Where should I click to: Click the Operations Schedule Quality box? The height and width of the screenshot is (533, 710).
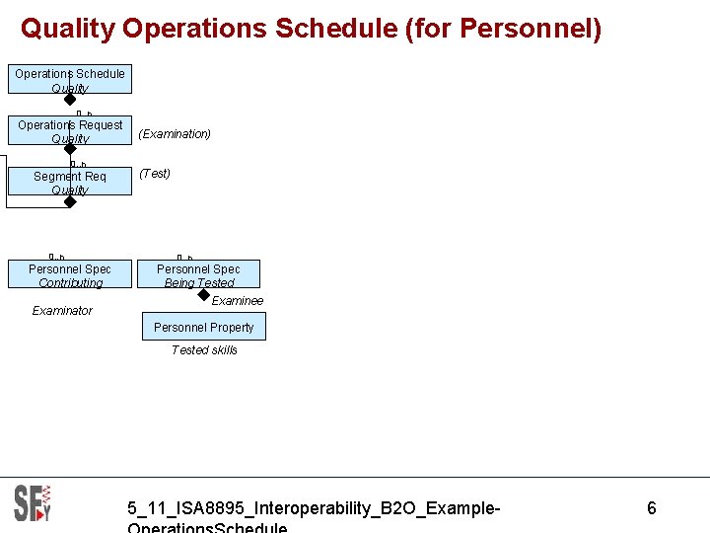point(70,80)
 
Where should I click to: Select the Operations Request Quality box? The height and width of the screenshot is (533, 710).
point(70,131)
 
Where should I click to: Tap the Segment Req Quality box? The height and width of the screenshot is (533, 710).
point(70,183)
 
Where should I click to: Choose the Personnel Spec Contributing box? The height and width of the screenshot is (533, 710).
point(70,275)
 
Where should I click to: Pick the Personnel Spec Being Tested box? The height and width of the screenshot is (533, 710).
point(198,275)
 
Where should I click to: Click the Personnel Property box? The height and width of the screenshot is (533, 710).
point(204,327)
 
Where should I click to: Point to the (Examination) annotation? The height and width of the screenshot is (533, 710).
point(175,134)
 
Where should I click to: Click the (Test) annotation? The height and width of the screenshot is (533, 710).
point(155,174)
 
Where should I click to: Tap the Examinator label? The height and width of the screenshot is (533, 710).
point(62,311)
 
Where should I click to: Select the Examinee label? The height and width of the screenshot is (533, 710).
point(238,301)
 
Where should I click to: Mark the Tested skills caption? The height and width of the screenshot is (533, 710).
point(204,350)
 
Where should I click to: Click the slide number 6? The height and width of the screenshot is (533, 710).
point(652,508)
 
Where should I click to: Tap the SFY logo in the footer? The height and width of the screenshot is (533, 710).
point(33,503)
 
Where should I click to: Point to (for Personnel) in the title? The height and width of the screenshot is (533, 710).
point(503,29)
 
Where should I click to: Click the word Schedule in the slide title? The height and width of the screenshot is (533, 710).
point(336,29)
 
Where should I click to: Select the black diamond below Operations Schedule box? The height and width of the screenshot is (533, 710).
point(70,99)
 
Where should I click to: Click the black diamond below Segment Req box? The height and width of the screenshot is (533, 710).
point(70,201)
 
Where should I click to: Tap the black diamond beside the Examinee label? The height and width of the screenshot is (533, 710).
point(203,294)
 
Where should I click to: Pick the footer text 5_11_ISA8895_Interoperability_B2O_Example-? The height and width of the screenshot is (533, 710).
point(314,508)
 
